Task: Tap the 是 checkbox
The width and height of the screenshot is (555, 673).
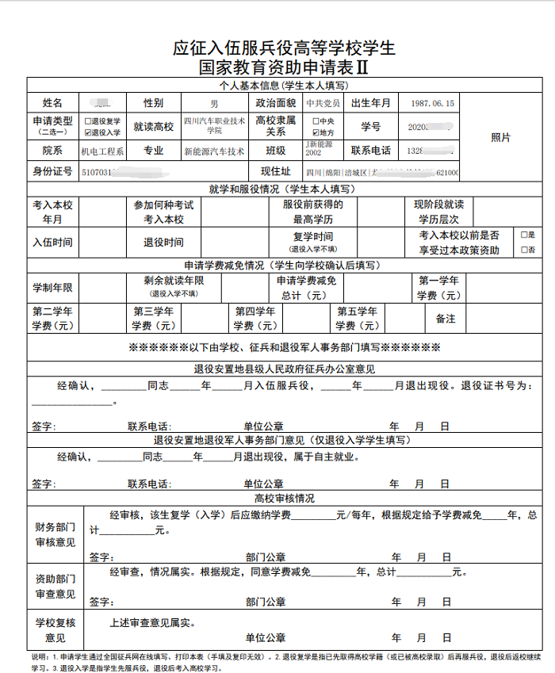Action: (x=522, y=235)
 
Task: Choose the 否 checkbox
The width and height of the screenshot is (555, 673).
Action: (x=522, y=249)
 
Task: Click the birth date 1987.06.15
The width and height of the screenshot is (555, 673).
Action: (x=433, y=104)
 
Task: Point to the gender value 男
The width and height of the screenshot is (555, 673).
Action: (x=214, y=104)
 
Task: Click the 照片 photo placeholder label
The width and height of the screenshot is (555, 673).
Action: (x=500, y=137)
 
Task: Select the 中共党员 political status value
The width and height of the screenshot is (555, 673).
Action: (x=323, y=104)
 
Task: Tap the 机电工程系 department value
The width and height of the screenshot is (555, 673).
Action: (x=102, y=151)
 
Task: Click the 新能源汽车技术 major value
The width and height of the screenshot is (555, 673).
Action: (x=214, y=151)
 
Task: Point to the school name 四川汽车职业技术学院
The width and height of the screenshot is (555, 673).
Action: (x=214, y=126)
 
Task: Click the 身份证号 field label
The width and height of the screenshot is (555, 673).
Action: (x=52, y=171)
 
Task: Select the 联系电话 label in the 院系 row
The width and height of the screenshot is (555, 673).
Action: (x=371, y=151)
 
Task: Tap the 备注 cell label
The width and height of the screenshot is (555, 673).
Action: (x=446, y=319)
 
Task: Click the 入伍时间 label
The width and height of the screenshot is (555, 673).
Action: (x=52, y=243)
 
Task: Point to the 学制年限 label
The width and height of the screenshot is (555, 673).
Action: (x=52, y=287)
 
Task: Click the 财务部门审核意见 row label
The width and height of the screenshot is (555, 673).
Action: (x=55, y=534)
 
